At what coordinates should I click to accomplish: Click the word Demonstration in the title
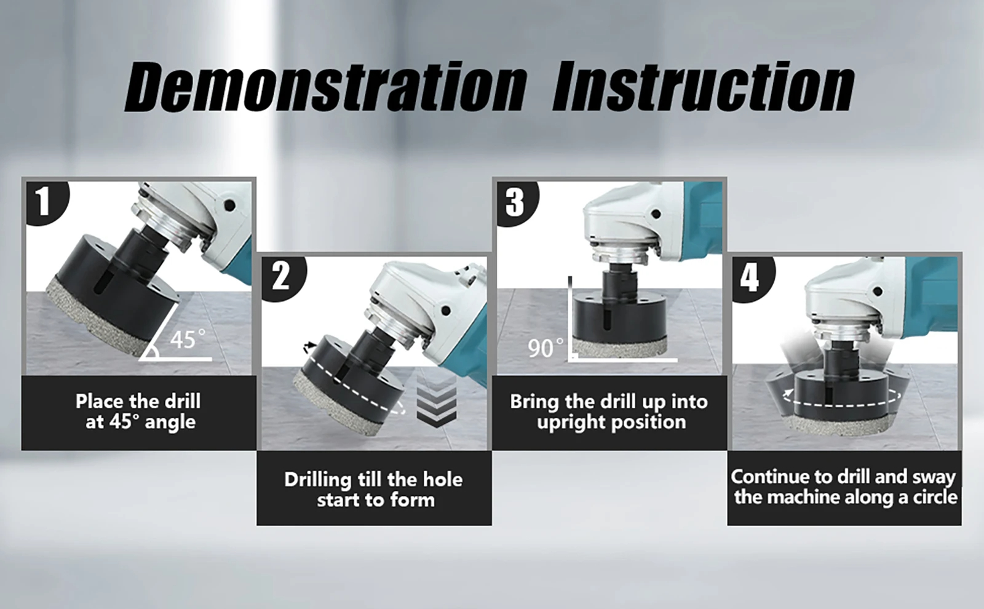[x=325, y=87]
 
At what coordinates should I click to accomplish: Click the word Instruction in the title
[x=704, y=87]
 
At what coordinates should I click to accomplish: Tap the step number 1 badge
[x=46, y=202]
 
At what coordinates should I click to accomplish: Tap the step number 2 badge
[x=282, y=277]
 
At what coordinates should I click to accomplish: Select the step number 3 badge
[x=516, y=202]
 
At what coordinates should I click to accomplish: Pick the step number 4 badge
[x=751, y=279]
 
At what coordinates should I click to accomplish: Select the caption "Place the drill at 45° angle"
[x=139, y=412]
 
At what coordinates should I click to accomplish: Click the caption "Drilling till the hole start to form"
[x=374, y=490]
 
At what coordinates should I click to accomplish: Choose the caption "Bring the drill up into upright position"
[x=609, y=412]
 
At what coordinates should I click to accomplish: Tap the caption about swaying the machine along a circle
[x=844, y=487]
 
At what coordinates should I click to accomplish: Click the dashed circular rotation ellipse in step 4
[x=843, y=404]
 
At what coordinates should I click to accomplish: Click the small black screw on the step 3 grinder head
[x=656, y=214]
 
